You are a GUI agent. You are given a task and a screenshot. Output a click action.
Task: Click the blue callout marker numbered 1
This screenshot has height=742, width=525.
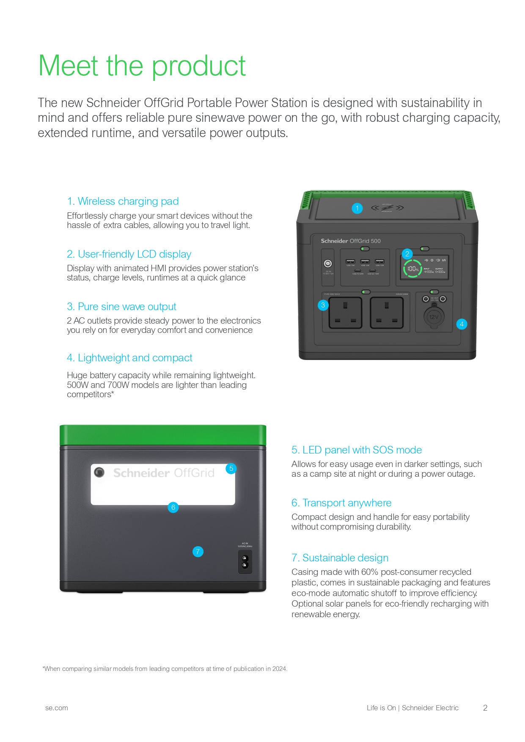click(357, 208)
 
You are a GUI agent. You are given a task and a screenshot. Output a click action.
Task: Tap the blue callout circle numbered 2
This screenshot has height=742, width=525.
click(407, 254)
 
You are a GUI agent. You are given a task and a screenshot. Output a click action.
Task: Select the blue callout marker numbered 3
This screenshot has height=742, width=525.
click(323, 305)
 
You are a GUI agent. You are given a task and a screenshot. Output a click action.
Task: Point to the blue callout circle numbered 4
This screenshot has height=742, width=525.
click(462, 324)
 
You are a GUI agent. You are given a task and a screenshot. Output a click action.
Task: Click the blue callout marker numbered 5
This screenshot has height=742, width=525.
click(231, 468)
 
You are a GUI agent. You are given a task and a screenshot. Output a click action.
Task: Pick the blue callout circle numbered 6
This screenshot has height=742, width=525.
click(173, 507)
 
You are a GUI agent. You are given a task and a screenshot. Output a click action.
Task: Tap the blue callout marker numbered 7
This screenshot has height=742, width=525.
click(198, 552)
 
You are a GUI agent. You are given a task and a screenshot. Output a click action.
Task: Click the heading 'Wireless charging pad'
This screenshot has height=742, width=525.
click(123, 201)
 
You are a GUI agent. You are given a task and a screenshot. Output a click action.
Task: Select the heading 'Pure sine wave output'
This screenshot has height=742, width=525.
click(121, 307)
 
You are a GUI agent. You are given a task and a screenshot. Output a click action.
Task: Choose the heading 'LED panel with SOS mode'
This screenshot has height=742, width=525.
click(356, 450)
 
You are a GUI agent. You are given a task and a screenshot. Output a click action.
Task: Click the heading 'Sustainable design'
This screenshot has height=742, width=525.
click(340, 558)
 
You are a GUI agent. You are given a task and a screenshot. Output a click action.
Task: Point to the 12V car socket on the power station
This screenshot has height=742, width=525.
click(434, 317)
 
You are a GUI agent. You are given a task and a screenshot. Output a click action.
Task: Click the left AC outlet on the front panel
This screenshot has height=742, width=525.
click(345, 313)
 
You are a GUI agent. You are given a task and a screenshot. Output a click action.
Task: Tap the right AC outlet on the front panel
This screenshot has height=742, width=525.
click(387, 313)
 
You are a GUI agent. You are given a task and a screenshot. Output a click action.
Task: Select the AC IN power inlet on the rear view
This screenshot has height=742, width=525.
click(245, 561)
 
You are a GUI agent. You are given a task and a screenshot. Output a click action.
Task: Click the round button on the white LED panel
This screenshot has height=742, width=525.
click(99, 472)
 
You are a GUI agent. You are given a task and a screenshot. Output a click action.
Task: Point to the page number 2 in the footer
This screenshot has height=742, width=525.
click(485, 708)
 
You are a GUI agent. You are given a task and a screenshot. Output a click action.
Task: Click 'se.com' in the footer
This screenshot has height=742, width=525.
click(57, 708)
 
